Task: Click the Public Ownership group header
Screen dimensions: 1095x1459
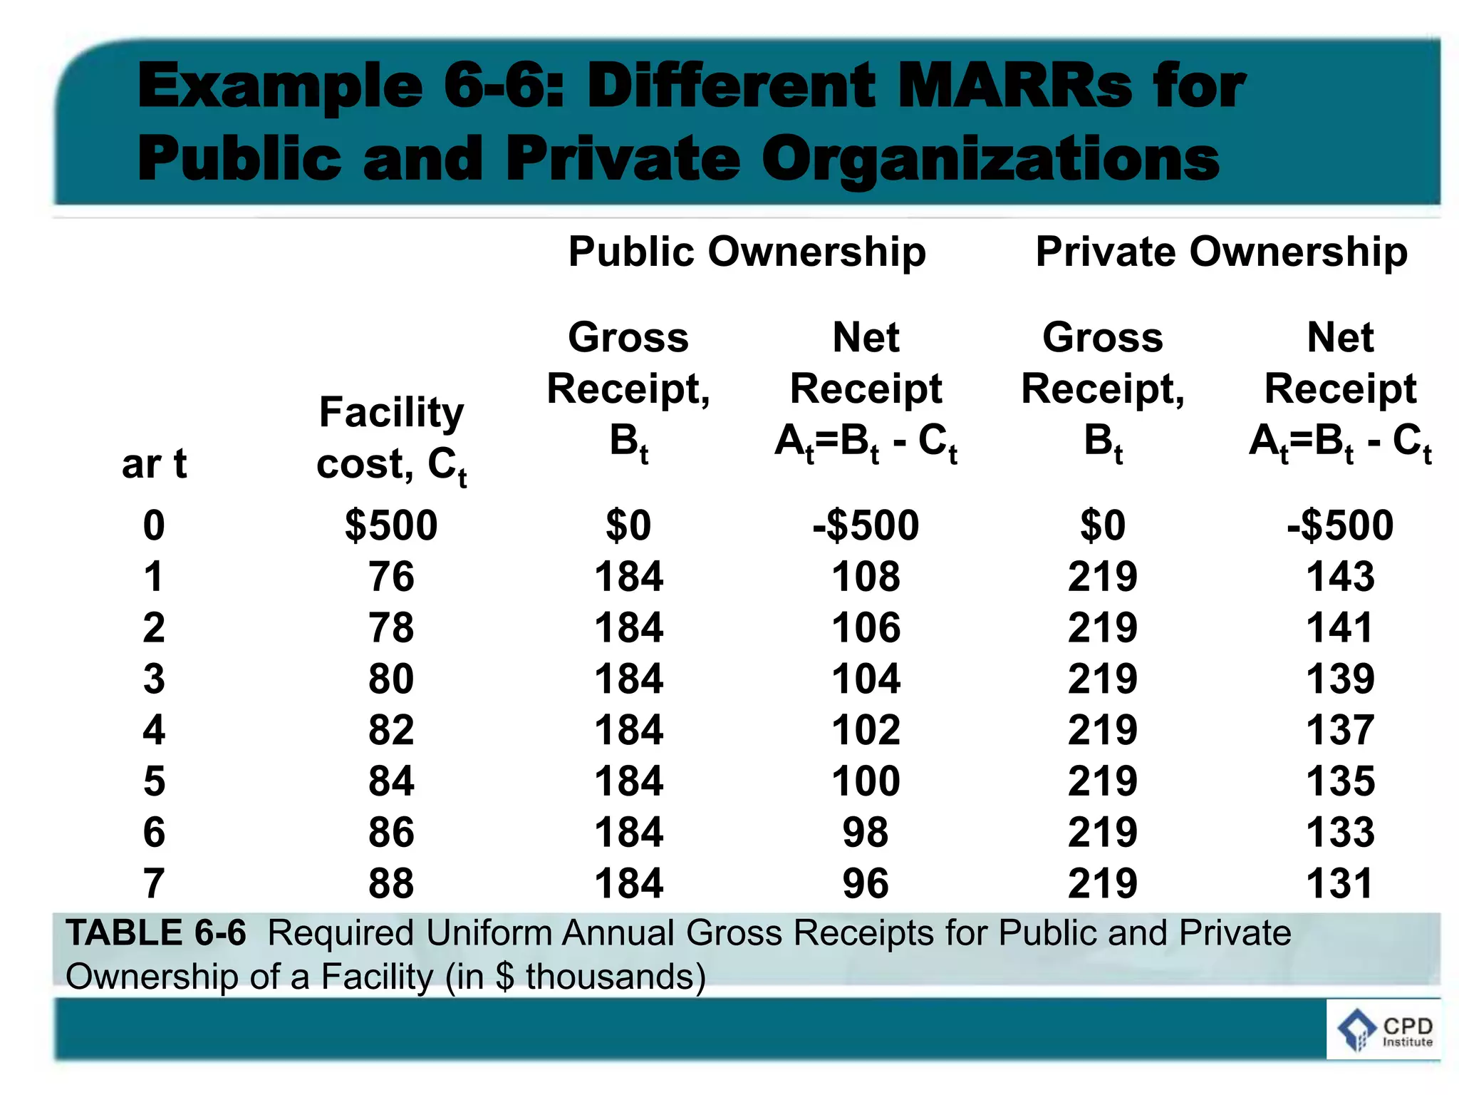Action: [747, 252]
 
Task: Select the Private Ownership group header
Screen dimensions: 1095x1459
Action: [1221, 252]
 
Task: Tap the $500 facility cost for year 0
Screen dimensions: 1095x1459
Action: [391, 525]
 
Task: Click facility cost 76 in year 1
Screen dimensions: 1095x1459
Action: [391, 577]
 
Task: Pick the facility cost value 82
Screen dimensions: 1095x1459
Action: [391, 730]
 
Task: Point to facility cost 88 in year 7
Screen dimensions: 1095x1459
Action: [391, 883]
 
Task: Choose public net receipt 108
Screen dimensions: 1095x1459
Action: [866, 577]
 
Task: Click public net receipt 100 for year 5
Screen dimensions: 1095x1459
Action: [866, 781]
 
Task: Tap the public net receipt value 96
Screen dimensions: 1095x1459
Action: [866, 883]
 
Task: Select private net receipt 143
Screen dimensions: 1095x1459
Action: [1340, 577]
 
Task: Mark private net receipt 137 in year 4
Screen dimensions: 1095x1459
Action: [1340, 730]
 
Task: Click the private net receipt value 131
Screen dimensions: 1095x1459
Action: [1340, 883]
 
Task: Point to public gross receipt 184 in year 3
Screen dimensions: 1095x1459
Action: [629, 679]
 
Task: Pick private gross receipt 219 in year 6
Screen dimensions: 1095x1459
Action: [1103, 832]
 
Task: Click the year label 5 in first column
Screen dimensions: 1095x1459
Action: [154, 781]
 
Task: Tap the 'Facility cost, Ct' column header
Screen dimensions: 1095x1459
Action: [391, 439]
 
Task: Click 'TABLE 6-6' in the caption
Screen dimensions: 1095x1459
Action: [156, 933]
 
